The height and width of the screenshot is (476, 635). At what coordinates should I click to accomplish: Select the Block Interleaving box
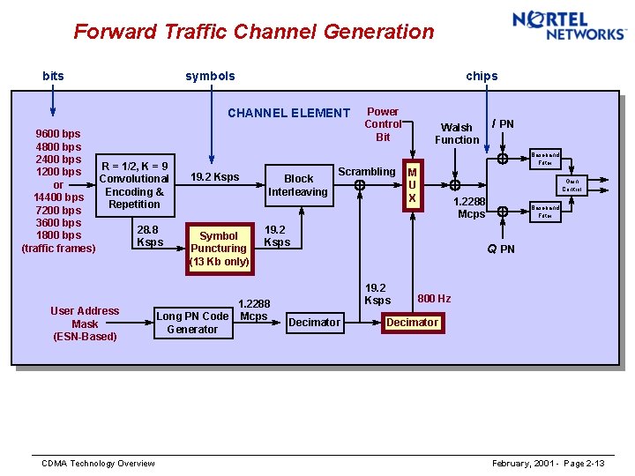pos(298,185)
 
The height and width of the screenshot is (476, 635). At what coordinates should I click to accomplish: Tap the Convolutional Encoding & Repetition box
pos(134,185)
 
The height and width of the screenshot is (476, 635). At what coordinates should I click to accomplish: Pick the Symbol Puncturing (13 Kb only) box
pos(219,249)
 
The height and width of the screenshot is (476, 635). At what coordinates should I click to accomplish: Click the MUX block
pos(412,186)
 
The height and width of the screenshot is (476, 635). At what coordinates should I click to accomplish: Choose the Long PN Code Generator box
pos(192,323)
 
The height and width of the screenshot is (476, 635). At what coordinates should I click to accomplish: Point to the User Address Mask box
pos(85,324)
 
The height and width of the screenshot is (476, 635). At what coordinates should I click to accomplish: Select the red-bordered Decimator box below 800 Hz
pos(412,323)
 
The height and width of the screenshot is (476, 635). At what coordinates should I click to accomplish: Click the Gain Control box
pos(571,185)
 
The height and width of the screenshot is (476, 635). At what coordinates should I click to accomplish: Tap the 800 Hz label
pos(434,299)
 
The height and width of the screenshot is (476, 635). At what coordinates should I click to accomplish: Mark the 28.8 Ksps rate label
pos(149,235)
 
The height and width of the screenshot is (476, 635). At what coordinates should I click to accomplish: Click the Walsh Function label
pos(457,134)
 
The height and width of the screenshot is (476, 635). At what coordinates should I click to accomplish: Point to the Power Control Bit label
pos(383,124)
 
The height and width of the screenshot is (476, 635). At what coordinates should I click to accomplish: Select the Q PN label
pos(501,249)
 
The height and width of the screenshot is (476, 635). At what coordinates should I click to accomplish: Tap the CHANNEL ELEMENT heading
pos(288,113)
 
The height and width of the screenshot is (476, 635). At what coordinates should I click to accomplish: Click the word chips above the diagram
pos(482,76)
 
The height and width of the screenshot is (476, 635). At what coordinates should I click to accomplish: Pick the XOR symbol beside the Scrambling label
pos(360,186)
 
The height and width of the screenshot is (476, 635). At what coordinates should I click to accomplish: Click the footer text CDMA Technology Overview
pos(98,464)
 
